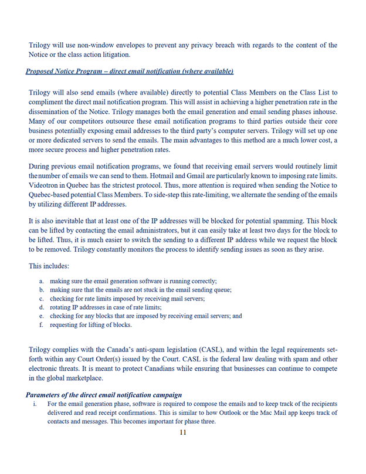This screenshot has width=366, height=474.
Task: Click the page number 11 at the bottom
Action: [183, 433]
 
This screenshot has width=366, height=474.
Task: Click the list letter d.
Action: [42, 307]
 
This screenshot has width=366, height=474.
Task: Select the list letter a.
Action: [42, 282]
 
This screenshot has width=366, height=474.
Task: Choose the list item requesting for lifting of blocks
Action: [91, 324]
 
